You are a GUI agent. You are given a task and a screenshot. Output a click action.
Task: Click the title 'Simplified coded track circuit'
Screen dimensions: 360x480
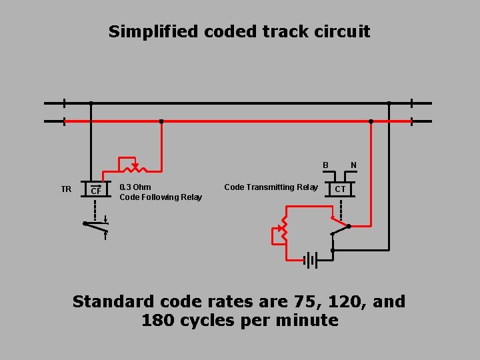239,31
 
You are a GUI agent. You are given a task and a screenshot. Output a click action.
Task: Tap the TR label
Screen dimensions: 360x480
66,189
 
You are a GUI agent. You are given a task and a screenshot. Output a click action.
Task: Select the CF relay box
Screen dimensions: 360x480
96,191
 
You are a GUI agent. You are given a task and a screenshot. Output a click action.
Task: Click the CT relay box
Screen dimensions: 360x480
340,189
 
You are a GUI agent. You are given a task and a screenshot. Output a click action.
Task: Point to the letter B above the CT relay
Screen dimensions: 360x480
326,165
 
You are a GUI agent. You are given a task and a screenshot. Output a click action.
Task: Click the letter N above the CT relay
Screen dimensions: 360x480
353,165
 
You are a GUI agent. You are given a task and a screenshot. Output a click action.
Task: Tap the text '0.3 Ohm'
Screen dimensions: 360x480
135,187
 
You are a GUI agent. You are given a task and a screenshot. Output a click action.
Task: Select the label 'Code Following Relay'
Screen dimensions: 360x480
161,197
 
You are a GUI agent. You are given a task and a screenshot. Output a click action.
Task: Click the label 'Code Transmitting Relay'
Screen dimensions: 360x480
271,187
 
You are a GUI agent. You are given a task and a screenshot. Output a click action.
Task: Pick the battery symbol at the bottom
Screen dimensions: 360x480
310,260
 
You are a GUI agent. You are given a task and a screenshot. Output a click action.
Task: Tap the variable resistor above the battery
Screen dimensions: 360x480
283,228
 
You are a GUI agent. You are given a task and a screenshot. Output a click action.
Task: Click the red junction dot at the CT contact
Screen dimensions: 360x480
349,226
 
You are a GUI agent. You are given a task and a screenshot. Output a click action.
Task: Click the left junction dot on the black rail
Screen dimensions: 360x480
91,103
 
